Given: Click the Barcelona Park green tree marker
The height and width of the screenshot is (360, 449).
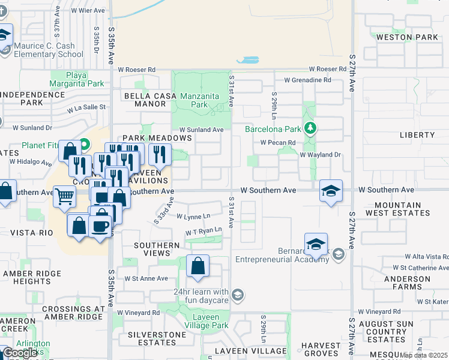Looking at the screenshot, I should point(310,128).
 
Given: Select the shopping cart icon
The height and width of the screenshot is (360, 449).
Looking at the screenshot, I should point(64,196).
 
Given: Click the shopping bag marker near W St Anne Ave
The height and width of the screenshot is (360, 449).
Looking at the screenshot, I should point(197,266).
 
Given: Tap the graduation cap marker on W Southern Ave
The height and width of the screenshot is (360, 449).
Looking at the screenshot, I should point(330,191).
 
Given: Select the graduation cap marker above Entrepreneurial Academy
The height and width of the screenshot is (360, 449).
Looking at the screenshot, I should point(316,244).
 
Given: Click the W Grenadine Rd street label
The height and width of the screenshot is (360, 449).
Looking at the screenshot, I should point(307,80).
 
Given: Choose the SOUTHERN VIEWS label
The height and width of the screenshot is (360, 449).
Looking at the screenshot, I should point(157,250).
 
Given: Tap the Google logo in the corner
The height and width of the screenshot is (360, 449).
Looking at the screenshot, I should point(20,353).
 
